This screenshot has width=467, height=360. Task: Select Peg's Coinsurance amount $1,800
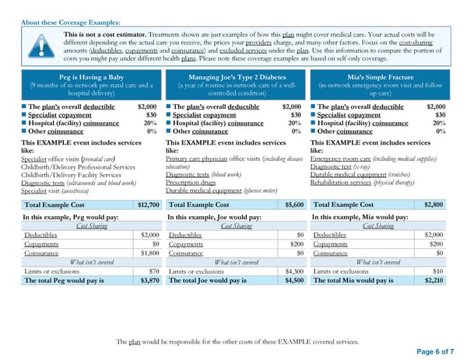(x=149, y=253)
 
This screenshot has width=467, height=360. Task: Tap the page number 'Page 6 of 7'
(x=430, y=351)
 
